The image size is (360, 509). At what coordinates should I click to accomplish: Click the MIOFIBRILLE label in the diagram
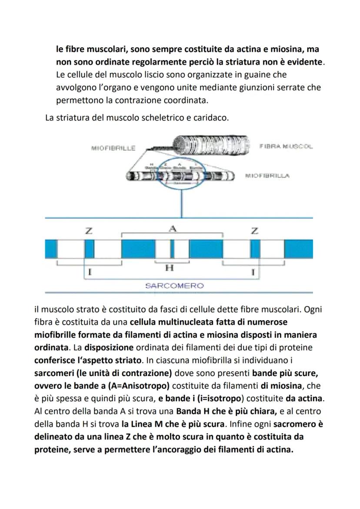tap(113, 148)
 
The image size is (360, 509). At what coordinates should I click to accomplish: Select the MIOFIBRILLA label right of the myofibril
tap(267, 176)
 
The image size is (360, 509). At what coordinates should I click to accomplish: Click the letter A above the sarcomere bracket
tap(173, 229)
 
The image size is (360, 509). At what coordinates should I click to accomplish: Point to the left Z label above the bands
tap(89, 231)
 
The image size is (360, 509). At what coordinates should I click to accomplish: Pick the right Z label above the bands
tap(254, 231)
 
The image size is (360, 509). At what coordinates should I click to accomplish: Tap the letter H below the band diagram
tap(170, 268)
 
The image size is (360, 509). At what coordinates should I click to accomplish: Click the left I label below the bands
tap(89, 273)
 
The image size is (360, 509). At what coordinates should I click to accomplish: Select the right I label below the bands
tap(253, 273)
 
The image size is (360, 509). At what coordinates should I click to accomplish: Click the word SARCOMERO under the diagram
tap(174, 286)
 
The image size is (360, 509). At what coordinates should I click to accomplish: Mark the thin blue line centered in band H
tap(172, 249)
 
